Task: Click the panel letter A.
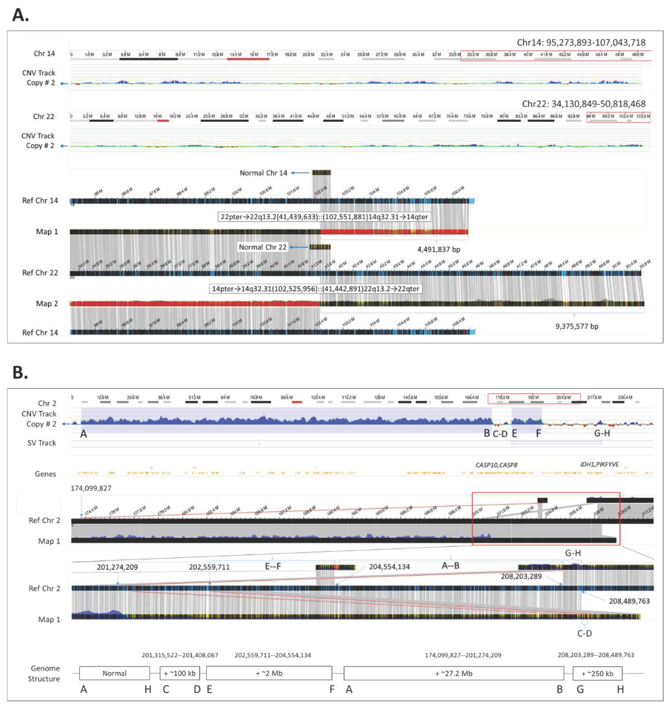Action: click(x=20, y=15)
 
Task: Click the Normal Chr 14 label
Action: click(x=263, y=173)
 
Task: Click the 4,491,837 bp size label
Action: click(x=439, y=249)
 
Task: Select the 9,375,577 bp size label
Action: click(x=577, y=326)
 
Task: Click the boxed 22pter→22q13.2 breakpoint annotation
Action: click(x=324, y=217)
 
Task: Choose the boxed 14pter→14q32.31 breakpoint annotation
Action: click(x=315, y=289)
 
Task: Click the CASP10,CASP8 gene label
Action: click(x=496, y=465)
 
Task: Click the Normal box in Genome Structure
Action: click(x=114, y=673)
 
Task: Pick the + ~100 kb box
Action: click(x=180, y=673)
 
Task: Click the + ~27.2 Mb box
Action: click(x=453, y=673)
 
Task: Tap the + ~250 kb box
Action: click(x=597, y=673)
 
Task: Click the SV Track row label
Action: click(x=42, y=443)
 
